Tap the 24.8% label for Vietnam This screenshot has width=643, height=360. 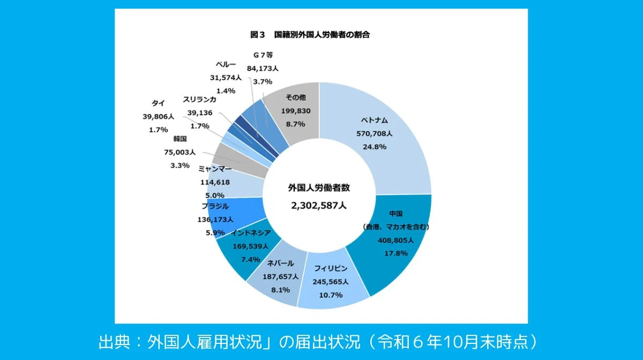pos(375,146)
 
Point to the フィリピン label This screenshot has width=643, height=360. pos(331,268)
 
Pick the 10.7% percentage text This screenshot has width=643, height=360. pos(331,294)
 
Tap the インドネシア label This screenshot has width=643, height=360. pos(250,233)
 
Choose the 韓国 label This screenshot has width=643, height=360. pos(180,139)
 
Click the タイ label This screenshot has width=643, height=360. pos(158,103)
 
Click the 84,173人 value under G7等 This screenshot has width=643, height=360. pos(263,69)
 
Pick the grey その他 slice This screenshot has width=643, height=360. pos(295,115)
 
